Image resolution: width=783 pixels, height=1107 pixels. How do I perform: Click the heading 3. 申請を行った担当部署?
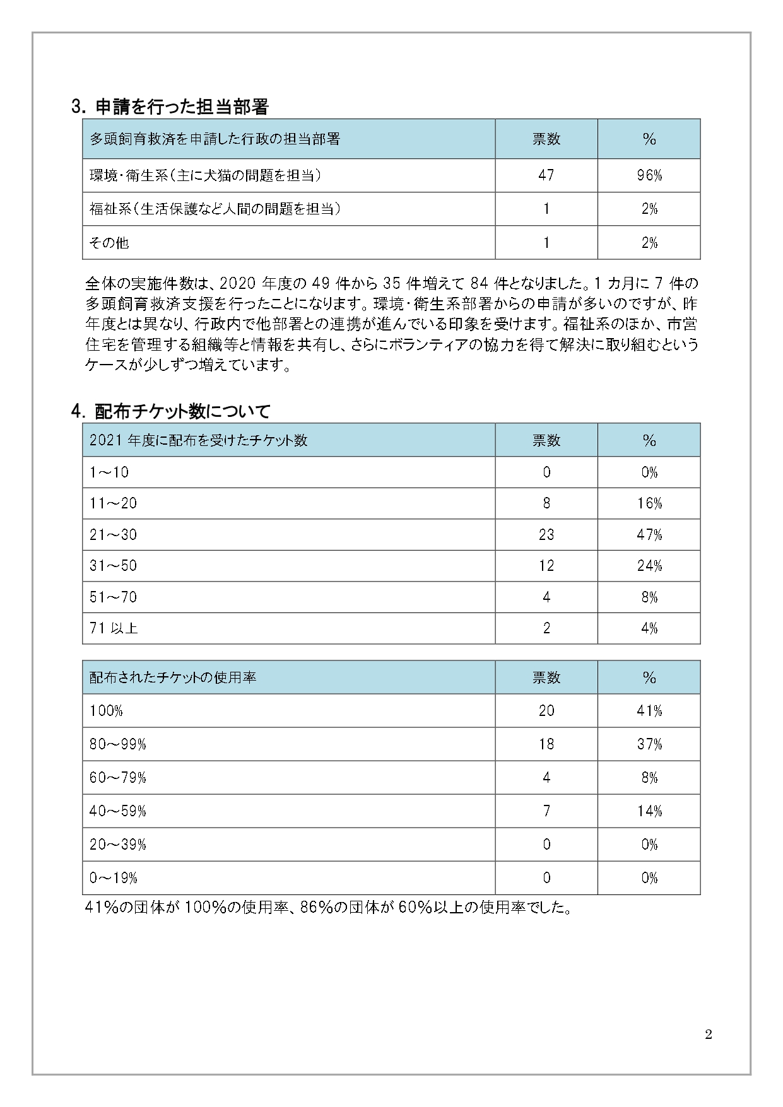[x=170, y=107]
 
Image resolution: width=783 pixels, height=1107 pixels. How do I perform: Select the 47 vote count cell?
[x=546, y=175]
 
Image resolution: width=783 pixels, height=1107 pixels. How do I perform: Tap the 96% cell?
[x=649, y=175]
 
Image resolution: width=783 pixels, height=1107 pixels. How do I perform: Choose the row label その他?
[x=109, y=242]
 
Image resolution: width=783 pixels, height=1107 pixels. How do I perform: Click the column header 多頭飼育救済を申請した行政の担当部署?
[x=215, y=139]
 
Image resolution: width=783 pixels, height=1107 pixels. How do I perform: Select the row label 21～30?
[x=113, y=535]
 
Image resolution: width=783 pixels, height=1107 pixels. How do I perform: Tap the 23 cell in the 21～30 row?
[x=546, y=535]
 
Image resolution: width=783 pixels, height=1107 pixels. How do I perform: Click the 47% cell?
[x=649, y=535]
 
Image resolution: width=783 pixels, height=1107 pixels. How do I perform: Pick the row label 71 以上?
[x=114, y=628]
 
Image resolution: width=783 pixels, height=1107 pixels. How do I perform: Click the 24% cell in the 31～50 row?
[x=649, y=566]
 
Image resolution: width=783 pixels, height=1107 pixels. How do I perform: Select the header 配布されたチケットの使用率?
[x=173, y=677]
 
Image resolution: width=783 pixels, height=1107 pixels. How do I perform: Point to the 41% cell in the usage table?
[x=649, y=711]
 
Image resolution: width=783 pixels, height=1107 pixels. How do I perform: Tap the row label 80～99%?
[x=118, y=744]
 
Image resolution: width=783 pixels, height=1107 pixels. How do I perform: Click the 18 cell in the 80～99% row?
[x=546, y=744]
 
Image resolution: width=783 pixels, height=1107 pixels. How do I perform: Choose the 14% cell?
[x=649, y=811]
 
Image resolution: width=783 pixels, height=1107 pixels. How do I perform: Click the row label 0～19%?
[x=114, y=878]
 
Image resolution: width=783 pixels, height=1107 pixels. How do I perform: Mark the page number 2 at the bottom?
[x=709, y=1035]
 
